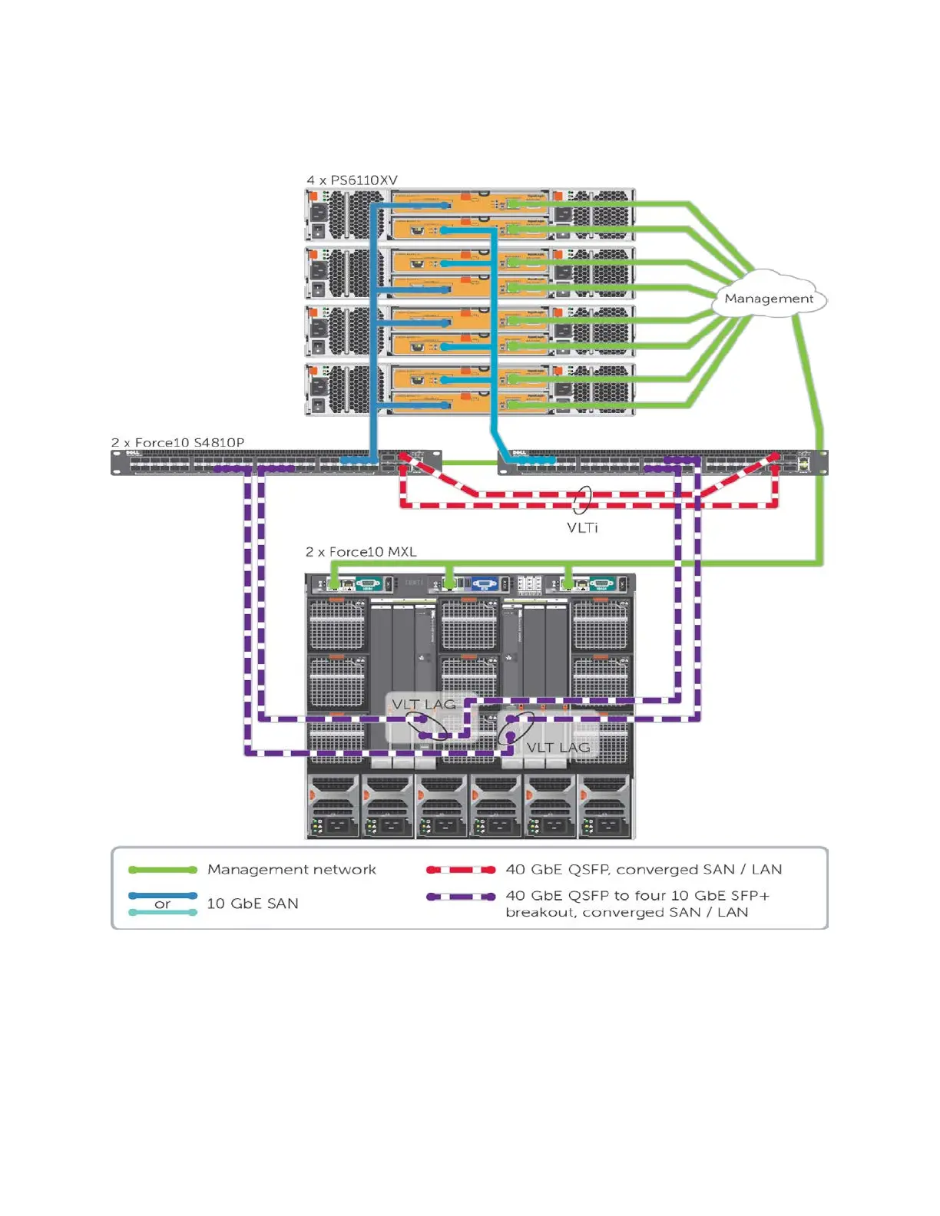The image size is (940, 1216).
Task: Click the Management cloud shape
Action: (x=769, y=298)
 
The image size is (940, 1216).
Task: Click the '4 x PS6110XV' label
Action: (x=352, y=180)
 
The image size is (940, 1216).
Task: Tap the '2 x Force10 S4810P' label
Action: (x=177, y=442)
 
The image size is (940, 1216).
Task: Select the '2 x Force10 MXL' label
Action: (x=361, y=552)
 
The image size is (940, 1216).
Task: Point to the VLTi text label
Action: (x=582, y=527)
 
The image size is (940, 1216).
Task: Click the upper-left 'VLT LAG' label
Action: (x=423, y=704)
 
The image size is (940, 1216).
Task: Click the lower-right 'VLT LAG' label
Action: (x=558, y=747)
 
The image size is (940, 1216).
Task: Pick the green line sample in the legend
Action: (x=163, y=870)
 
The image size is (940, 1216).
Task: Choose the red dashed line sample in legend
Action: (x=461, y=870)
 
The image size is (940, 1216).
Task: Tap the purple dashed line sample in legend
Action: (x=461, y=897)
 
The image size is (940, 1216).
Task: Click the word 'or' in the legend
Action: (x=162, y=904)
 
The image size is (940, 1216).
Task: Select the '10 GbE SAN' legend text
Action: (x=253, y=904)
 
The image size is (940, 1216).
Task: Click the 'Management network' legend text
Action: (x=292, y=870)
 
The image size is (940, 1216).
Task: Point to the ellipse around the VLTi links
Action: (x=582, y=500)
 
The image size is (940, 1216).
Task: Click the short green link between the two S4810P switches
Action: (x=470, y=462)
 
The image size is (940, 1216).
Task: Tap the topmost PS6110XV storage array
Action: (x=470, y=216)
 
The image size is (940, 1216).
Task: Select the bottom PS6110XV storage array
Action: (x=470, y=390)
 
